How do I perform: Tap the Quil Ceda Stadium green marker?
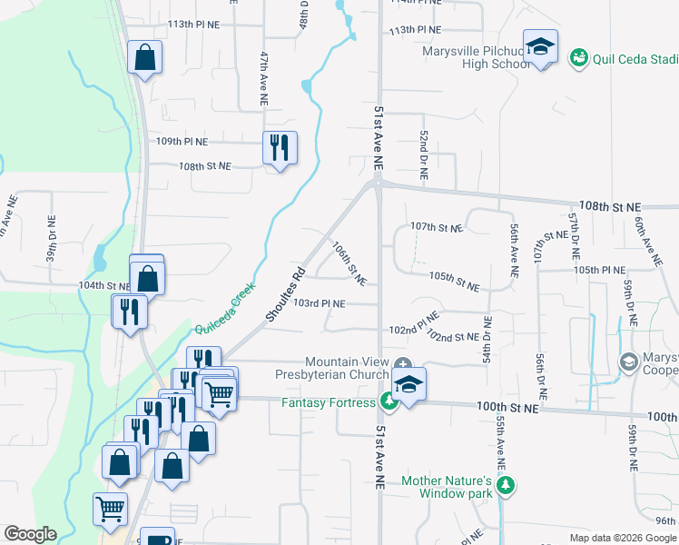578,58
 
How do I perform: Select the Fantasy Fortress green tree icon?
389,401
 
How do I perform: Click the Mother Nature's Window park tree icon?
506,487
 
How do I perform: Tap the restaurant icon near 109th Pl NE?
280,147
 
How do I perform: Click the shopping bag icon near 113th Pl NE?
144,57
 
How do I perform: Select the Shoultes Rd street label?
285,292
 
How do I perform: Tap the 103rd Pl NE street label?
320,302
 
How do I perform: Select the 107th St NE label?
437,226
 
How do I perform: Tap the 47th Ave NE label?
265,70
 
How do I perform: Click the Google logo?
30,534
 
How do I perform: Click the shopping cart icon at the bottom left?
111,509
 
